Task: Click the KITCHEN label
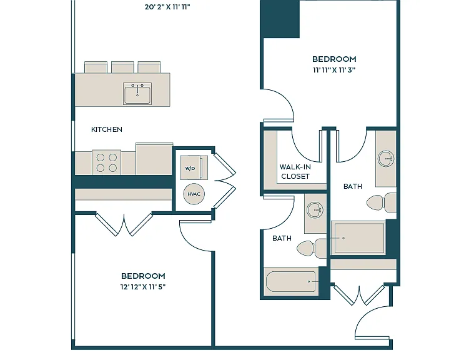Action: coord(107,129)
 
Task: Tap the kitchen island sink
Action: coord(137,94)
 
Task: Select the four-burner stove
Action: coord(107,162)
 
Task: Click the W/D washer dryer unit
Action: coord(194,167)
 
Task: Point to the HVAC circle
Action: coord(194,194)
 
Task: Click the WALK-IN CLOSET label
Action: coord(295,171)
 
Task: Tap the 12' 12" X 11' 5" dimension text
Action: coord(143,287)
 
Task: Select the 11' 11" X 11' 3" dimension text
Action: coord(334,70)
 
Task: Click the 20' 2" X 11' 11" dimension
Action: coord(167,7)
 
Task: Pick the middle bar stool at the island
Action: coord(122,67)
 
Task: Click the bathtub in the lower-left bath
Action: coord(291,282)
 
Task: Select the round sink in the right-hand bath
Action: coord(386,158)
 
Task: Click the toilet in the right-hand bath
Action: coord(382,202)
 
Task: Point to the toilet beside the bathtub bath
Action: coord(312,248)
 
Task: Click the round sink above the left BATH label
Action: coord(315,210)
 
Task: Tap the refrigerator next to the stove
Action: coord(154,159)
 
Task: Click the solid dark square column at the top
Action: coord(280,19)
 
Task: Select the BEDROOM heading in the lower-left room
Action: coord(143,276)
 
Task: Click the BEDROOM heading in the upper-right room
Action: coord(334,59)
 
